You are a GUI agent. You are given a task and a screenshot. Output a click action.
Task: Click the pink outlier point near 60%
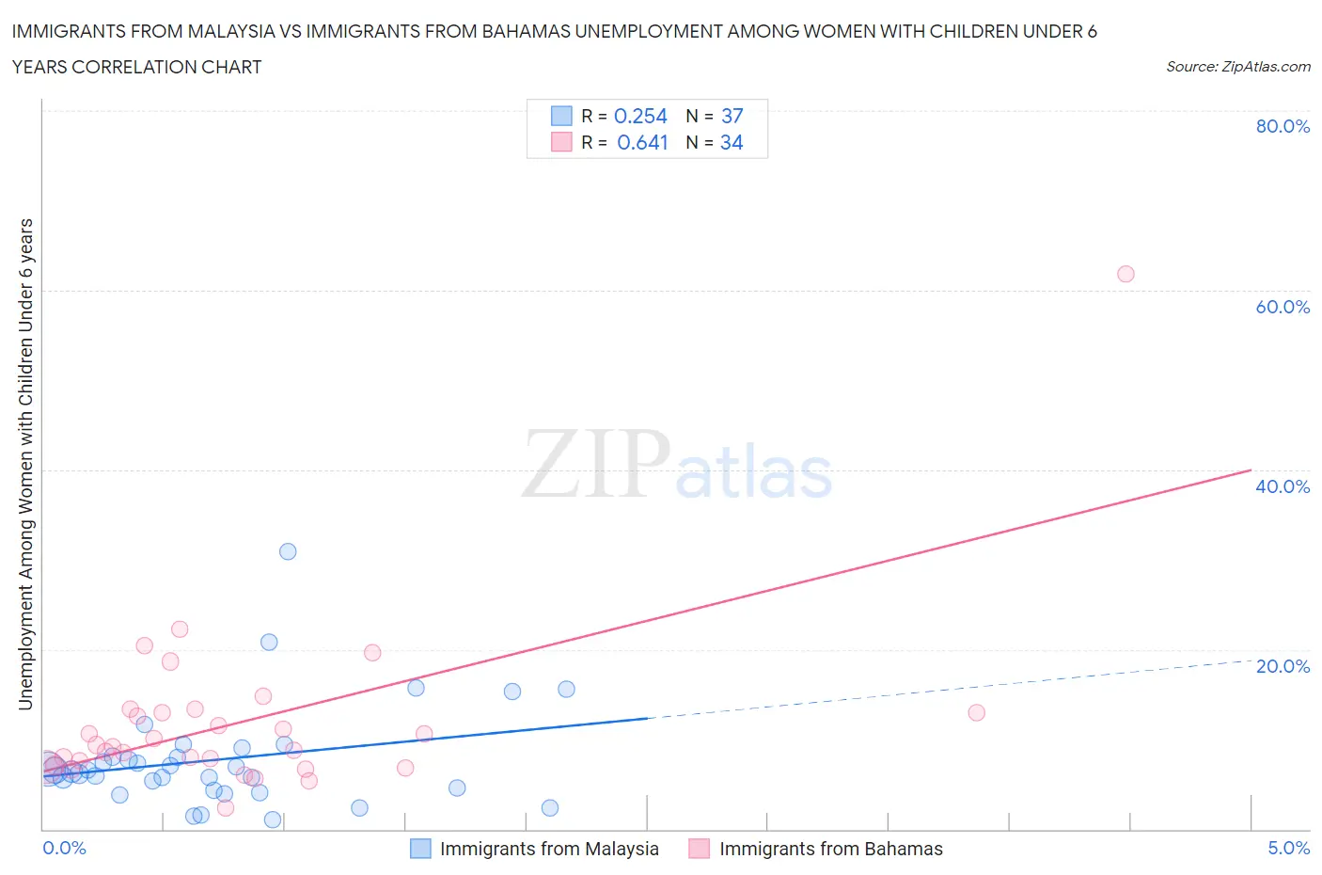pyautogui.click(x=1125, y=274)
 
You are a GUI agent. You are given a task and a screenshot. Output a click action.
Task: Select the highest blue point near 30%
pyautogui.click(x=288, y=551)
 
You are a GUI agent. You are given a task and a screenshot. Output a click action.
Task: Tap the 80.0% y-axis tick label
pyautogui.click(x=1283, y=126)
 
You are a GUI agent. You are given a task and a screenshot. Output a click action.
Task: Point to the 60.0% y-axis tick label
pyautogui.click(x=1283, y=307)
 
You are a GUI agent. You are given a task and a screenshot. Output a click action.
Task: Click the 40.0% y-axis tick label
pyautogui.click(x=1283, y=486)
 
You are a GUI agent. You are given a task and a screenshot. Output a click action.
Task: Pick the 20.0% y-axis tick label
pyautogui.click(x=1283, y=666)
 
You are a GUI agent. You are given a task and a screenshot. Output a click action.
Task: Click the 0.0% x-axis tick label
pyautogui.click(x=64, y=848)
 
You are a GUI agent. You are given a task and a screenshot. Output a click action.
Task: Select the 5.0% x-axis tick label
pyautogui.click(x=1288, y=848)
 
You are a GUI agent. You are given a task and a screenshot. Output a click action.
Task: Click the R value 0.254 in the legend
pyautogui.click(x=640, y=116)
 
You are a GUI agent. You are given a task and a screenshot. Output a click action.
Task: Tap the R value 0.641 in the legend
pyautogui.click(x=642, y=142)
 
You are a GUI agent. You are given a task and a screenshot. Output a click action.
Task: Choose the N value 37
pyautogui.click(x=732, y=116)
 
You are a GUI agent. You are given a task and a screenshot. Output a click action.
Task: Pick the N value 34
pyautogui.click(x=732, y=142)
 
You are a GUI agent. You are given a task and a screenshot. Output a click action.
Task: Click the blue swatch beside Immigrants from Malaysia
pyautogui.click(x=420, y=849)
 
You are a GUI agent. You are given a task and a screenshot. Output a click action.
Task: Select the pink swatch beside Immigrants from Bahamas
pyautogui.click(x=699, y=849)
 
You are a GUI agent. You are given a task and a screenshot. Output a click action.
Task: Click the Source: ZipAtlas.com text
pyautogui.click(x=1237, y=66)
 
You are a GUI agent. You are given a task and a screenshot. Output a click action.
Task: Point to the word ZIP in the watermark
pyautogui.click(x=595, y=464)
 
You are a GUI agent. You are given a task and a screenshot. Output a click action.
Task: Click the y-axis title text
pyautogui.click(x=25, y=464)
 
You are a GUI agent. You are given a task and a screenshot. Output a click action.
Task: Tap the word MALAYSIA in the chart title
pyautogui.click(x=233, y=31)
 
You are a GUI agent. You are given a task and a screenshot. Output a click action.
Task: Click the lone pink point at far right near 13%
pyautogui.click(x=976, y=712)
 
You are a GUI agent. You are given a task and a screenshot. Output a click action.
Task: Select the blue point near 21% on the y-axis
pyautogui.click(x=269, y=642)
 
